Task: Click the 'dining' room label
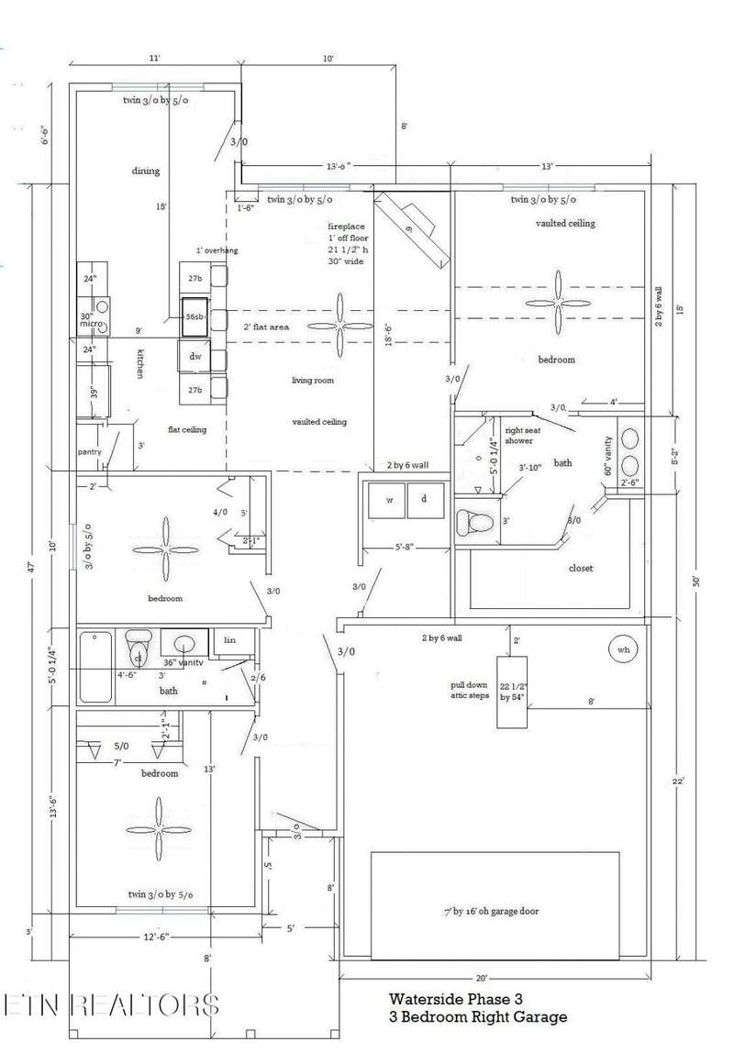[146, 171]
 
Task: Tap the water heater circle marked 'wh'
[625, 649]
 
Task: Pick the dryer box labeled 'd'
[424, 500]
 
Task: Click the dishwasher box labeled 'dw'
[195, 357]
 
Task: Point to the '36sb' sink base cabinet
[195, 316]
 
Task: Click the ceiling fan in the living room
[340, 326]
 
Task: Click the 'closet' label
[581, 568]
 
